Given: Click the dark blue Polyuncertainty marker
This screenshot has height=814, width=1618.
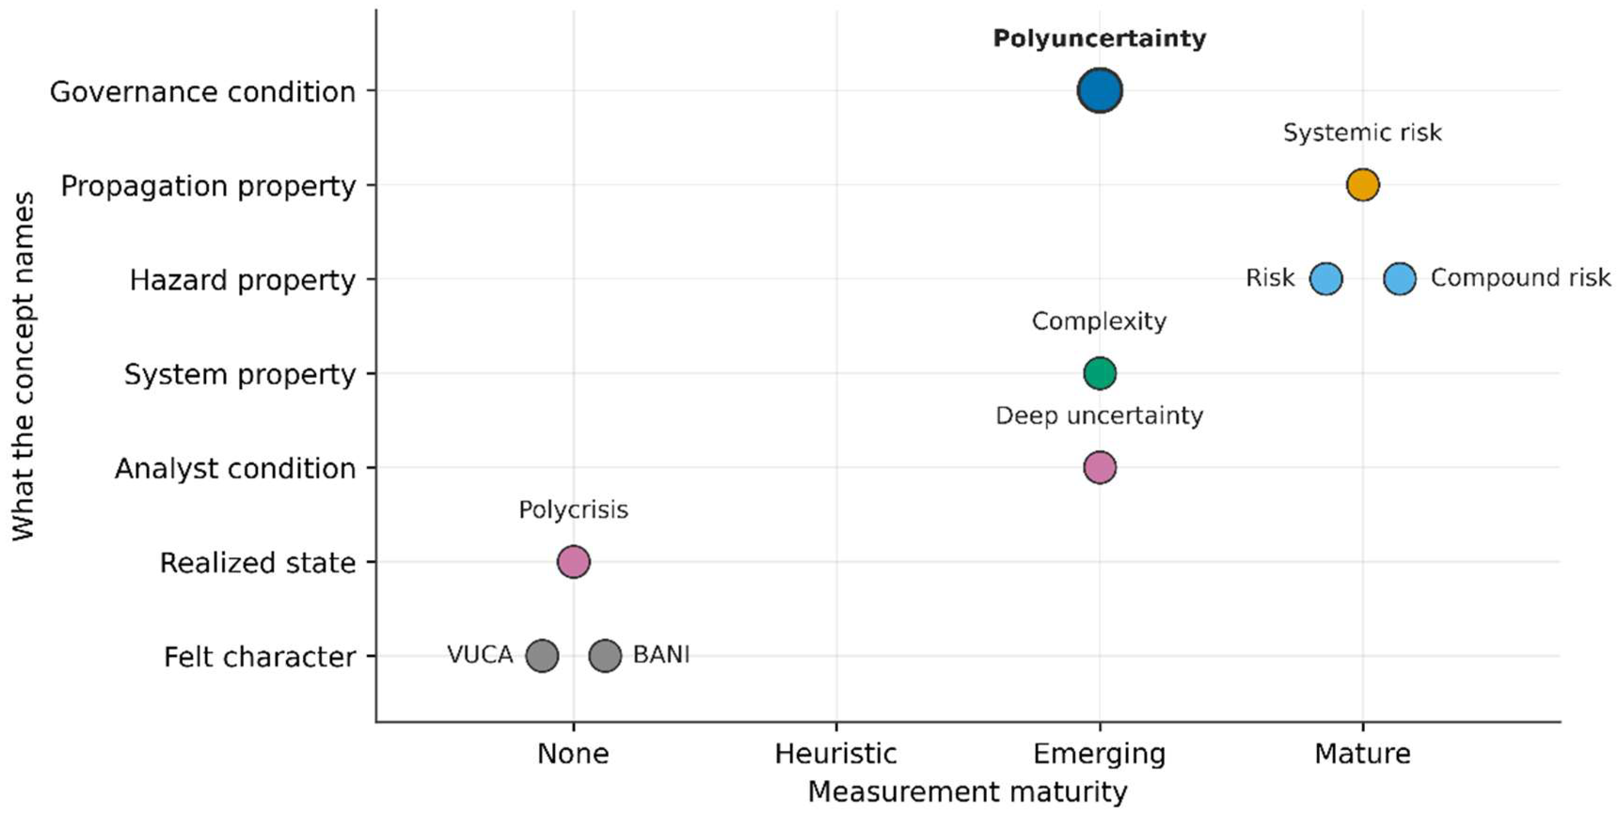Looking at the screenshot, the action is coord(1099,90).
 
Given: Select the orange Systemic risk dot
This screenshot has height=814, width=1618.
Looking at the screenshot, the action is coord(1362,184).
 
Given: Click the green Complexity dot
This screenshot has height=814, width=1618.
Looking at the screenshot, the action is coord(1099,373).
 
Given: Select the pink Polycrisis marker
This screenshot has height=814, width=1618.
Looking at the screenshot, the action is coord(574,562).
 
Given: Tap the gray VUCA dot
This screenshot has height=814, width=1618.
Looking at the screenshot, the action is coord(542,656).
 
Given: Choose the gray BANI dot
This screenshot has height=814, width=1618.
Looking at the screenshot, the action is coord(605,656).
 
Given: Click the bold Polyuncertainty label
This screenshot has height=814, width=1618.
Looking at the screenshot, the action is coord(1099,39).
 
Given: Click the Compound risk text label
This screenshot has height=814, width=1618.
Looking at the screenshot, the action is coord(1520,278).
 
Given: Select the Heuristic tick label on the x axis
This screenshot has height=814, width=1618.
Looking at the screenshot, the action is coord(836,754).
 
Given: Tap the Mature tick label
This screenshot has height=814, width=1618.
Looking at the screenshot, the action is coord(1362,754).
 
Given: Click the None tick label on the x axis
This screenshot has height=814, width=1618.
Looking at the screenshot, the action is coord(574,754).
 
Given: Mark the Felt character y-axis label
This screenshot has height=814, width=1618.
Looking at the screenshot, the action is coord(260,657).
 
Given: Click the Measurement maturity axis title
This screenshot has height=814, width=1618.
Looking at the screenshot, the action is coord(967,792).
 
